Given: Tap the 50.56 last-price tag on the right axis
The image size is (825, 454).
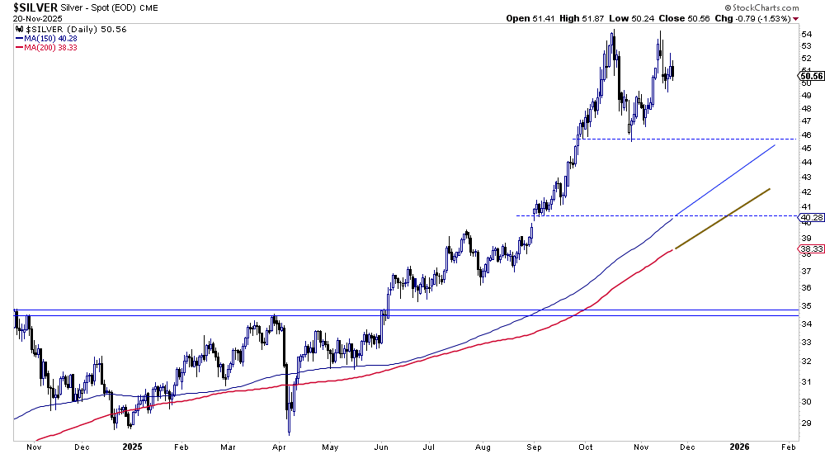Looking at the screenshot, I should coord(811,76).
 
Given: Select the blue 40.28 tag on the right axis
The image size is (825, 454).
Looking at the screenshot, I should coord(811,218).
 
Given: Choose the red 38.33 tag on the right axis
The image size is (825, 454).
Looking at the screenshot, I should coord(811,248).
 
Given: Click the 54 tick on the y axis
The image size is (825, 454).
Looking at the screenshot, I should coord(805,34).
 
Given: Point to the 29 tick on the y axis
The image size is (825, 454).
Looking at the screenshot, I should coord(805,422).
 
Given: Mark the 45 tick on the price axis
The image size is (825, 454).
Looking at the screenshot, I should coord(805,149).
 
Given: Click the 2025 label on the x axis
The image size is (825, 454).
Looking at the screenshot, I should coord(133,446).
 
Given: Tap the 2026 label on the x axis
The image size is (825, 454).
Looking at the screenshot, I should coord(740,446).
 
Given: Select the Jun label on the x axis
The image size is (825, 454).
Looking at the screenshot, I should coord(382,446).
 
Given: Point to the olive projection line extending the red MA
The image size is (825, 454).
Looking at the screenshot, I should coord(723,218).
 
